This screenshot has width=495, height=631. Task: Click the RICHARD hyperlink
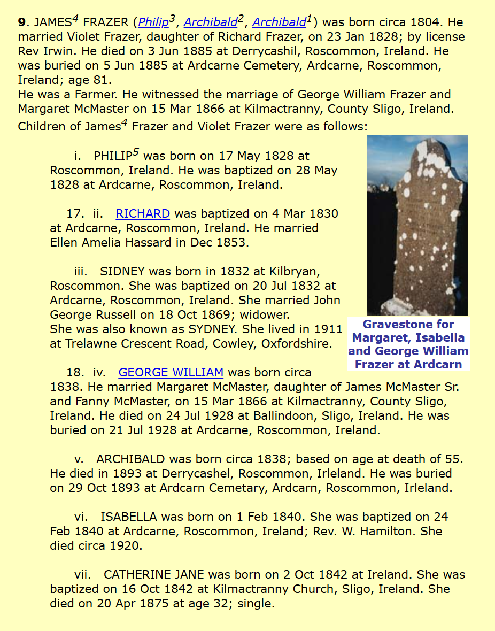(x=143, y=214)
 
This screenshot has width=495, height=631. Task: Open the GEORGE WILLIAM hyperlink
(x=171, y=372)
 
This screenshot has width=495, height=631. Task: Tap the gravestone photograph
(x=417, y=225)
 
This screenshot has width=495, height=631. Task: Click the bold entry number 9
(x=21, y=22)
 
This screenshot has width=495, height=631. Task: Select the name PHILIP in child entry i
(x=112, y=156)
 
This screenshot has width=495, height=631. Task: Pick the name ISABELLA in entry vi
(x=128, y=517)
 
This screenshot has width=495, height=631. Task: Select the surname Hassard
(x=135, y=243)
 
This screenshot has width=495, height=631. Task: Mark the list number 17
(x=74, y=214)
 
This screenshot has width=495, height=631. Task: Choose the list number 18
(x=74, y=372)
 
